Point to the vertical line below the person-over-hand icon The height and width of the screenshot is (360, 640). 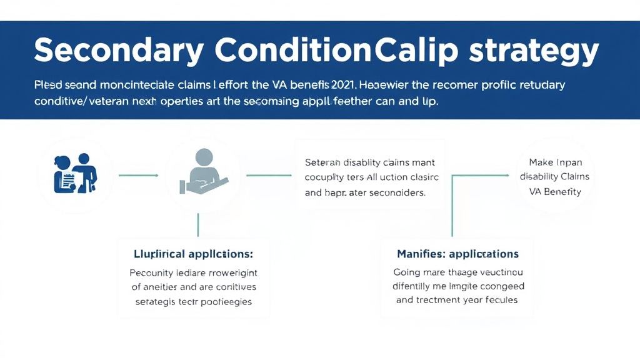click(x=198, y=225)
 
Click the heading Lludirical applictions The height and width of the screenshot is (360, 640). click(x=193, y=254)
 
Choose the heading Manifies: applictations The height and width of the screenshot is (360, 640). click(x=457, y=254)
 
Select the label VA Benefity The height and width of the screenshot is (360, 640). click(x=554, y=192)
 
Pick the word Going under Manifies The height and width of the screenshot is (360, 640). click(x=407, y=272)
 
